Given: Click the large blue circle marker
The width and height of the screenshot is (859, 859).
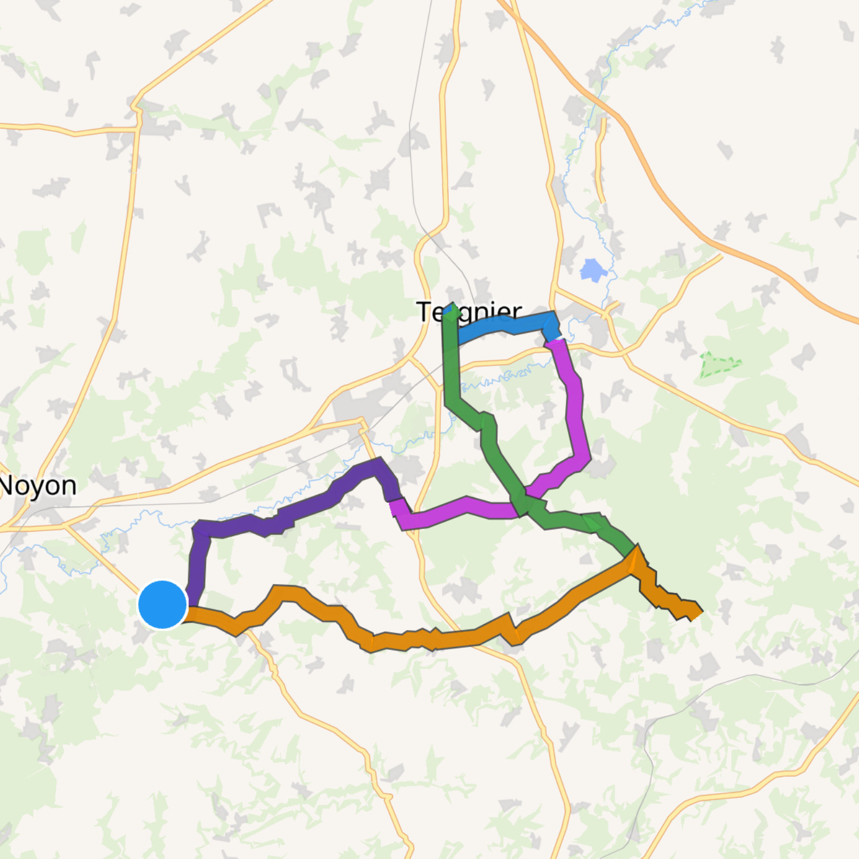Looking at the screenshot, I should [162, 604].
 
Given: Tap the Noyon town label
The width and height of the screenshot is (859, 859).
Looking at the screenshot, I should [37, 486].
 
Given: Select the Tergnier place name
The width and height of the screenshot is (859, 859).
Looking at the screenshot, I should [469, 312].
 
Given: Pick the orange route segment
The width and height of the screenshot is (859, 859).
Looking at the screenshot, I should [432, 639].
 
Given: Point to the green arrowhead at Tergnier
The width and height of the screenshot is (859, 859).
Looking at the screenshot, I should [452, 311].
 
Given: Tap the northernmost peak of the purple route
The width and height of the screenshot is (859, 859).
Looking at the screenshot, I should [377, 463].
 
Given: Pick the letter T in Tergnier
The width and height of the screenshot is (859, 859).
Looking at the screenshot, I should [424, 312].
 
